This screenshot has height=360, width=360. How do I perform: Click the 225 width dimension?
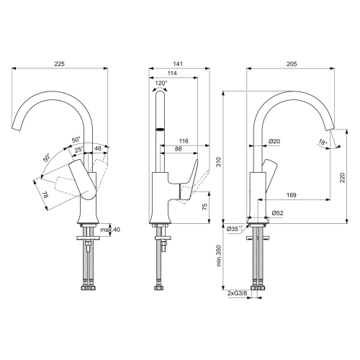[60, 65]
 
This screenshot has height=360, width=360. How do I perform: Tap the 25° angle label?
[78, 148]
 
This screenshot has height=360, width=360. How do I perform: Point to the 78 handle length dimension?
[44, 194]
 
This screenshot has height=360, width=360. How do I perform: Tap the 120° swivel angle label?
[161, 84]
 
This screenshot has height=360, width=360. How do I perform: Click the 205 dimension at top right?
[292, 65]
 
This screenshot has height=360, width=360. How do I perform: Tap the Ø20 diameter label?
[274, 140]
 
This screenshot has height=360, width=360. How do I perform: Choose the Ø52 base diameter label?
[276, 212]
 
